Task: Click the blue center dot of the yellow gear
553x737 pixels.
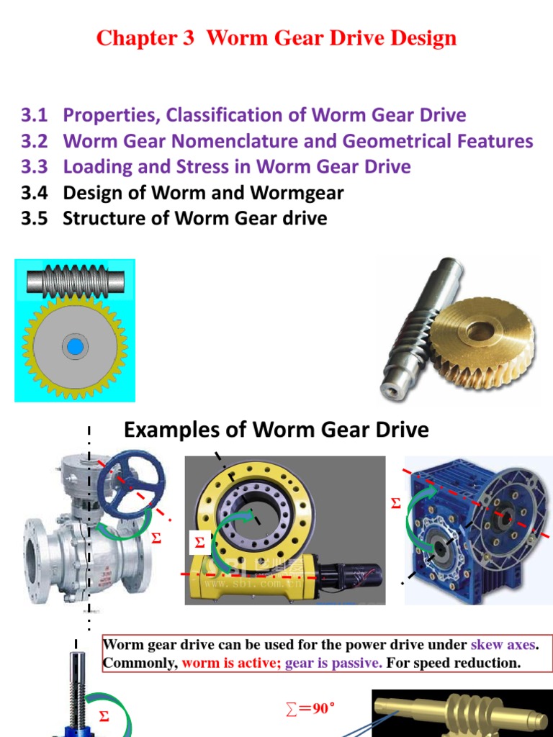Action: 73,348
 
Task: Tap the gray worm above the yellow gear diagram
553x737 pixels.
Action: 75,279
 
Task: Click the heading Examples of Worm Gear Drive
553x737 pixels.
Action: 276,430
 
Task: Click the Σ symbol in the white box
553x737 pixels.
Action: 199,543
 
